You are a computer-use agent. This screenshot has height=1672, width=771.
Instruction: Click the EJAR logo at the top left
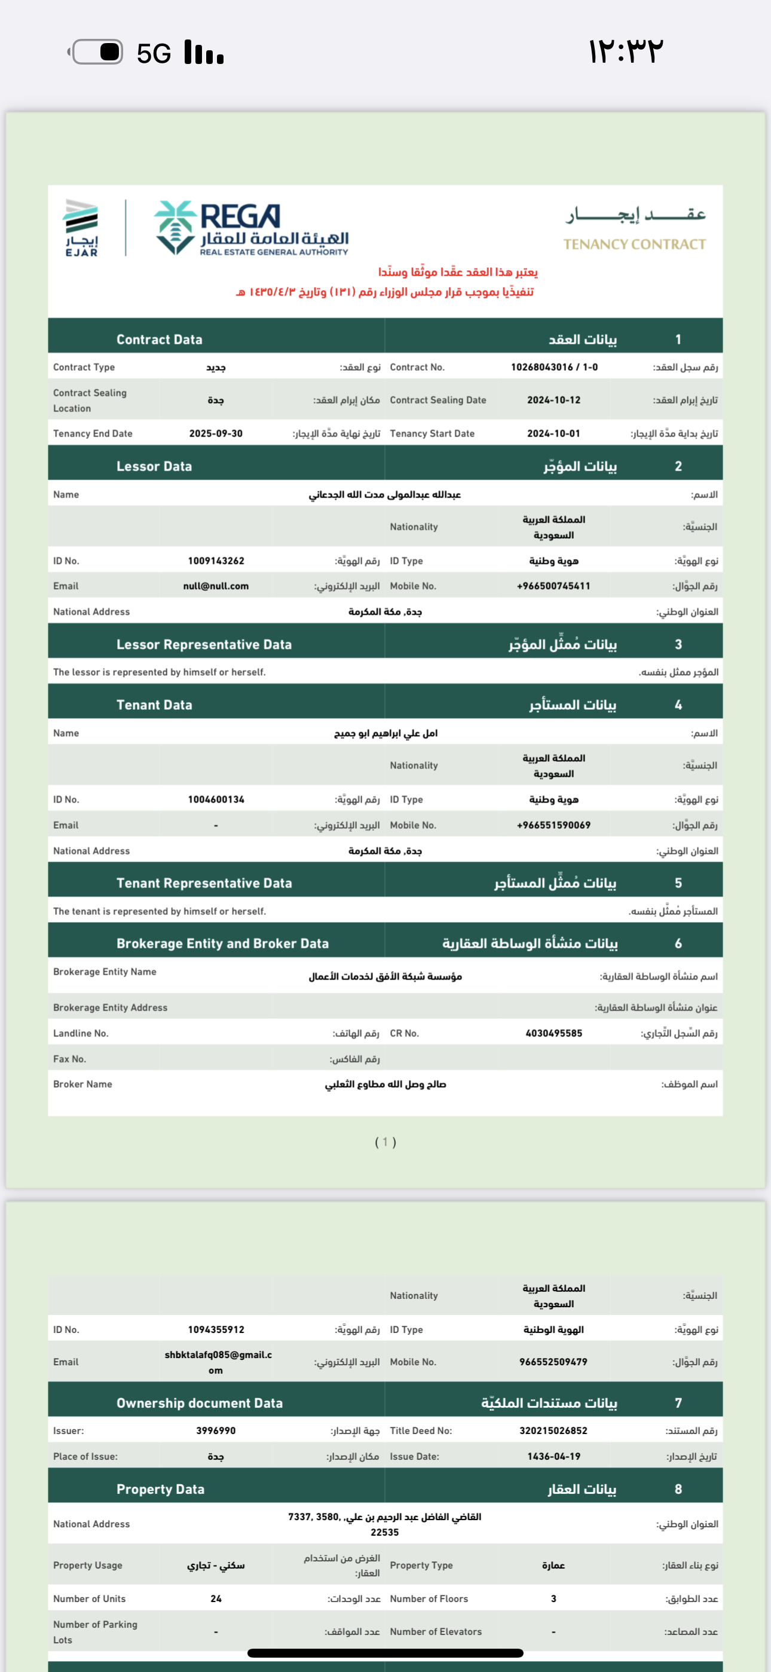(82, 228)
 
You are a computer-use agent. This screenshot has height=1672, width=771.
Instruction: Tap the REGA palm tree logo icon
(175, 227)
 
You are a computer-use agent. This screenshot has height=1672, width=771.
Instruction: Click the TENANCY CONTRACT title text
(634, 245)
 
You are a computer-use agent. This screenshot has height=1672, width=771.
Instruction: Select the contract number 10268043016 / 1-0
(553, 367)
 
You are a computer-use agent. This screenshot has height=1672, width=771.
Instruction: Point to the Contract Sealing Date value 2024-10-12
(553, 401)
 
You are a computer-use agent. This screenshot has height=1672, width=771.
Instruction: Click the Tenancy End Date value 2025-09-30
(216, 434)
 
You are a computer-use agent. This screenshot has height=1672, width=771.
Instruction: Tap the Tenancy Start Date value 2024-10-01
(553, 434)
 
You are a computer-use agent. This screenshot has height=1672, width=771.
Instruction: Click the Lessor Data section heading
(154, 466)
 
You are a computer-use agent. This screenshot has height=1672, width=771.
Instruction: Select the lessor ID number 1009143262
(216, 561)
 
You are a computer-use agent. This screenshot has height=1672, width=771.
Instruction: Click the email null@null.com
(216, 586)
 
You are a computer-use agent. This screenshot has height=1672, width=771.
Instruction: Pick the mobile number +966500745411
(553, 586)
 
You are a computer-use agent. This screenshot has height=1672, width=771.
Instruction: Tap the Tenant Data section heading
(154, 705)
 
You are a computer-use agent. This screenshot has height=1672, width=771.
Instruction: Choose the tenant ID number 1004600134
(216, 800)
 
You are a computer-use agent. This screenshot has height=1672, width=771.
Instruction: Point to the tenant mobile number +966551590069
(553, 826)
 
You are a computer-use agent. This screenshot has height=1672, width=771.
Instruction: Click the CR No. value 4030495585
(553, 1033)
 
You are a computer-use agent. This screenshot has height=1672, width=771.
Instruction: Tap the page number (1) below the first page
(385, 1142)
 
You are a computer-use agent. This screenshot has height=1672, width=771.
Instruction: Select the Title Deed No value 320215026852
(553, 1430)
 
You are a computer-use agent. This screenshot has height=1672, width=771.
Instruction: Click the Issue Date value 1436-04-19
(553, 1457)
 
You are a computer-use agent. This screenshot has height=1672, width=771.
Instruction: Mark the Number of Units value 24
(216, 1598)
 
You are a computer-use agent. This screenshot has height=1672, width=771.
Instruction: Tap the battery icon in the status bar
(97, 52)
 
